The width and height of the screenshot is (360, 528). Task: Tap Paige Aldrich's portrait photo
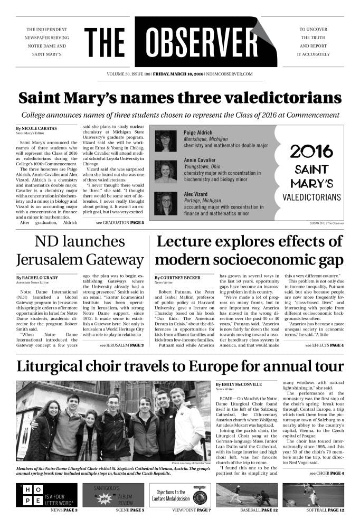point(166,141)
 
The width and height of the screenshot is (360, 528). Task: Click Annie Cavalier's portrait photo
point(166,171)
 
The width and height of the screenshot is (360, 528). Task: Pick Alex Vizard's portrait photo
point(166,203)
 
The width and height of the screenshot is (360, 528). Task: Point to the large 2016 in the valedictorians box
point(311,152)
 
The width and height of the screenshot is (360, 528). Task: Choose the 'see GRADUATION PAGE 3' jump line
point(120,223)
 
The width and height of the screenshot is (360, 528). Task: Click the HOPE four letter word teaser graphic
point(46,495)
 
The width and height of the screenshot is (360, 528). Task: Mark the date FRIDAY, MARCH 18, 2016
point(179,74)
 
